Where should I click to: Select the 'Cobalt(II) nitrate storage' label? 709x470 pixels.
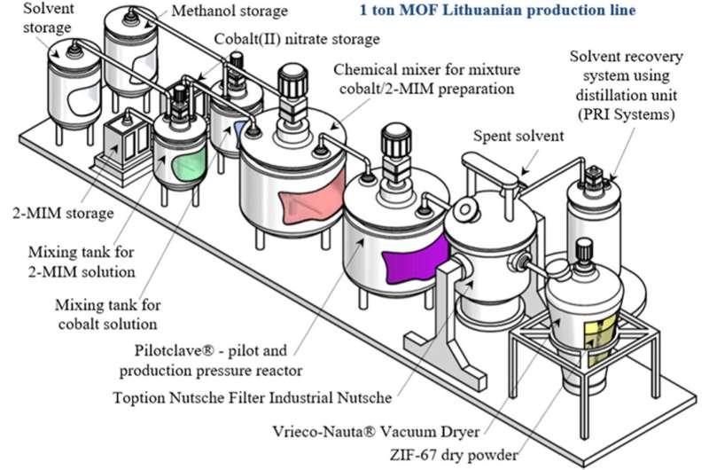(x=297, y=39)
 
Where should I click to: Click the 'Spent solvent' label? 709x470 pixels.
(x=510, y=137)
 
